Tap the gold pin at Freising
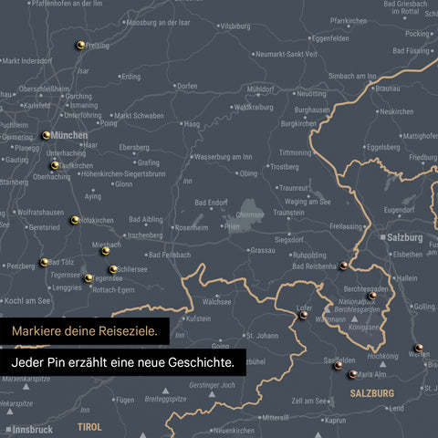(80, 43)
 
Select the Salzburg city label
(405, 236)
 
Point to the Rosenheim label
(191, 227)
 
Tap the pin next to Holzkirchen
(75, 220)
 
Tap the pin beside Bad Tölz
(43, 263)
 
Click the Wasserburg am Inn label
(224, 157)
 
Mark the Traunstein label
(288, 212)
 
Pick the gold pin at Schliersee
(113, 269)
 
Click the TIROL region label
(90, 426)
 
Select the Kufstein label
(198, 319)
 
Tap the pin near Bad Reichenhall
(343, 266)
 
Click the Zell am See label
(310, 401)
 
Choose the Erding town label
(130, 77)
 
